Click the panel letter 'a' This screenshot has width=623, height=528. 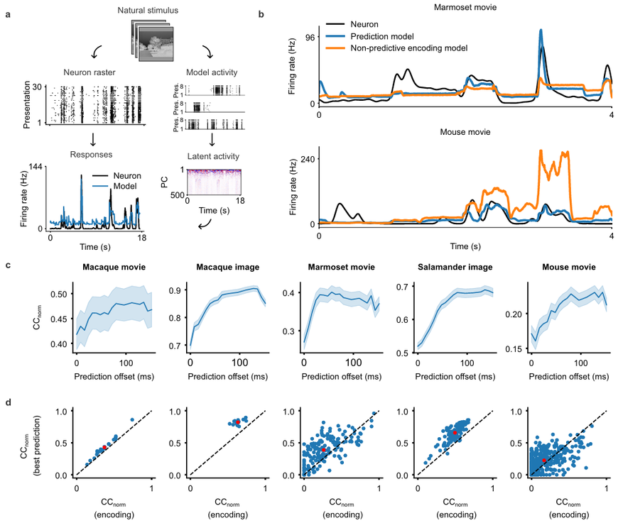point(8,15)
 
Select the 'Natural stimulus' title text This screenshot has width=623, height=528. point(148,11)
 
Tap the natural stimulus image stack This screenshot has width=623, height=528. point(153,41)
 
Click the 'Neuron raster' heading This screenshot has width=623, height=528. point(90,72)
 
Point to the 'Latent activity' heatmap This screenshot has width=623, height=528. point(214,182)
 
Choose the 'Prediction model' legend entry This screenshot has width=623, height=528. point(369,36)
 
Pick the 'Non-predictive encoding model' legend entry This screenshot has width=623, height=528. point(396,48)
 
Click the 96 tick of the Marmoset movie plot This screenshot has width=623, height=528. point(310,38)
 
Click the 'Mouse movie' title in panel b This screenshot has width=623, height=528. point(465,132)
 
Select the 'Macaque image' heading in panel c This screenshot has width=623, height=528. point(227,267)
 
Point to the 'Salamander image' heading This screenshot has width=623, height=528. point(455,267)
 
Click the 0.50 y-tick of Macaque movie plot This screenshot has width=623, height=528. point(59,295)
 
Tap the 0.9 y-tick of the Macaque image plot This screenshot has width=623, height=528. point(175,290)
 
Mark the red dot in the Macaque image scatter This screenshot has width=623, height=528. point(237,422)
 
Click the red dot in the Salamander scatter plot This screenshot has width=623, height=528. point(455,432)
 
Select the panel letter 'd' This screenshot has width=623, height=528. point(8,402)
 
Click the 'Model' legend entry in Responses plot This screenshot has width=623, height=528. point(115,186)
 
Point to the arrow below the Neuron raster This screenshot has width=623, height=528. point(93,139)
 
